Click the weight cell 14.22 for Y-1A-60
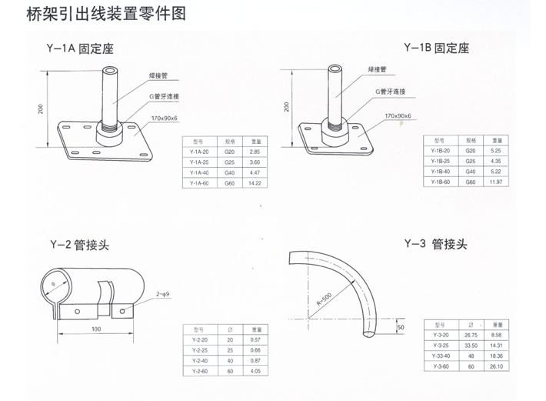pos(255,183)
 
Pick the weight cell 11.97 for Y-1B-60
pos(497,182)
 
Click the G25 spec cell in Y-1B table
pos(471,162)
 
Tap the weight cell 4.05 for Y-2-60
pos(256,372)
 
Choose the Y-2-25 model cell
pos(198,351)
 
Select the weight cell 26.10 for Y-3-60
pos(497,367)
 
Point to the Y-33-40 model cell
pos(440,357)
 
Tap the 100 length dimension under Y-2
pos(95,329)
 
